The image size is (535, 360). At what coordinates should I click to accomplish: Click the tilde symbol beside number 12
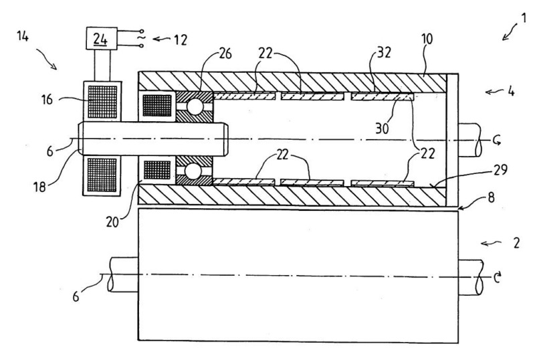tap(141, 39)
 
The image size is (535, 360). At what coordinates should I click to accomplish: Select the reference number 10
tap(425, 40)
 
